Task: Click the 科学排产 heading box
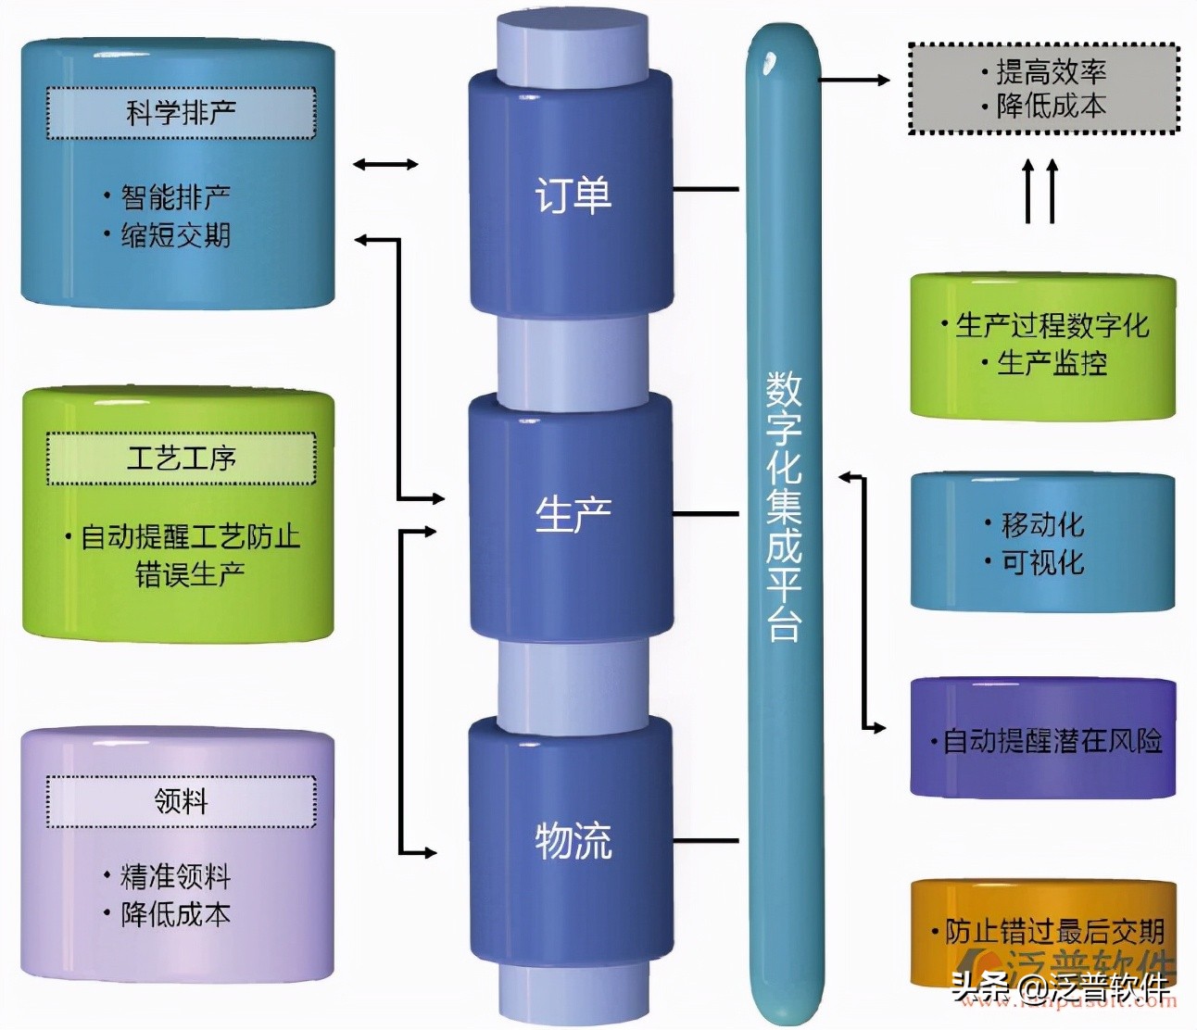pos(181,113)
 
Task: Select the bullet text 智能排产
pos(175,197)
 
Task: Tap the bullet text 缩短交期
pos(175,235)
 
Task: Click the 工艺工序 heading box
pos(181,458)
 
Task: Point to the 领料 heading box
pos(181,801)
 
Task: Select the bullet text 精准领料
pos(175,876)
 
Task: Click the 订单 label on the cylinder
pos(573,195)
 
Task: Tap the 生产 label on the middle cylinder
pos(573,514)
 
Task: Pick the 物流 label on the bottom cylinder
pos(573,841)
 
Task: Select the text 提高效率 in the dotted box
pos(1051,72)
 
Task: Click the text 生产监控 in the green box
pos(1052,363)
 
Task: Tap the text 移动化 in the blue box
pos(1042,525)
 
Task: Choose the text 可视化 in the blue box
pos(1042,562)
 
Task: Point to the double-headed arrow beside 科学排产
pos(385,165)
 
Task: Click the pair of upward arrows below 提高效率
pos(1039,191)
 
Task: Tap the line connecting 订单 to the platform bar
pos(706,189)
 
